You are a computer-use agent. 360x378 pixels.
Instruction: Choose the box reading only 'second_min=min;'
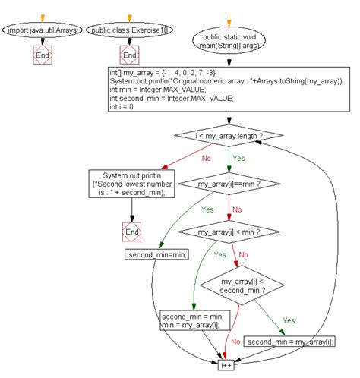tap(156, 254)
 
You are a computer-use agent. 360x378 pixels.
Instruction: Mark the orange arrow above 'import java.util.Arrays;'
tap(42, 15)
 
